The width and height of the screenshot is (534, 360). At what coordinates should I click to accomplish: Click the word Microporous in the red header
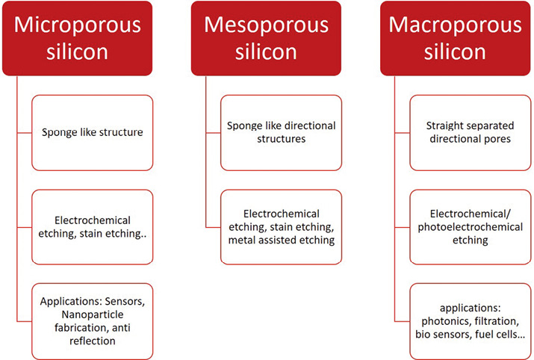click(78, 25)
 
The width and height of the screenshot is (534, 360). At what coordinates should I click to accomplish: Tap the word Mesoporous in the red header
click(266, 25)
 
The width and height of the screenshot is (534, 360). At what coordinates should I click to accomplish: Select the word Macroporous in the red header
click(455, 25)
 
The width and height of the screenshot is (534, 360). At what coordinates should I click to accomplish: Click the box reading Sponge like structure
click(93, 133)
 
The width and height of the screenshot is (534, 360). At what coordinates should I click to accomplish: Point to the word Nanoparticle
click(93, 314)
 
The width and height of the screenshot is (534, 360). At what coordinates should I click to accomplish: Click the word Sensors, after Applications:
click(125, 302)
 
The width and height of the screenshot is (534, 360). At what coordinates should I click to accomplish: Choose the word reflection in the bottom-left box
click(93, 341)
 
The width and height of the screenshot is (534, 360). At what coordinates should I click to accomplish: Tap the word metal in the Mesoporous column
click(240, 240)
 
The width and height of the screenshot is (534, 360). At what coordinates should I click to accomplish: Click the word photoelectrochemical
click(471, 227)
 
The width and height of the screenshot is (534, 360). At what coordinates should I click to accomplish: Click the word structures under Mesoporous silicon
click(282, 139)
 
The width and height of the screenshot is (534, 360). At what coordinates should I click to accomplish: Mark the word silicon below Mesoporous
click(266, 52)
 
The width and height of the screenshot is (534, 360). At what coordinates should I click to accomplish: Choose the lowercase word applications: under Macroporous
click(471, 308)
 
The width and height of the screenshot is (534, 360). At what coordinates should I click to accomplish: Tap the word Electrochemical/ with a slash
click(471, 214)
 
